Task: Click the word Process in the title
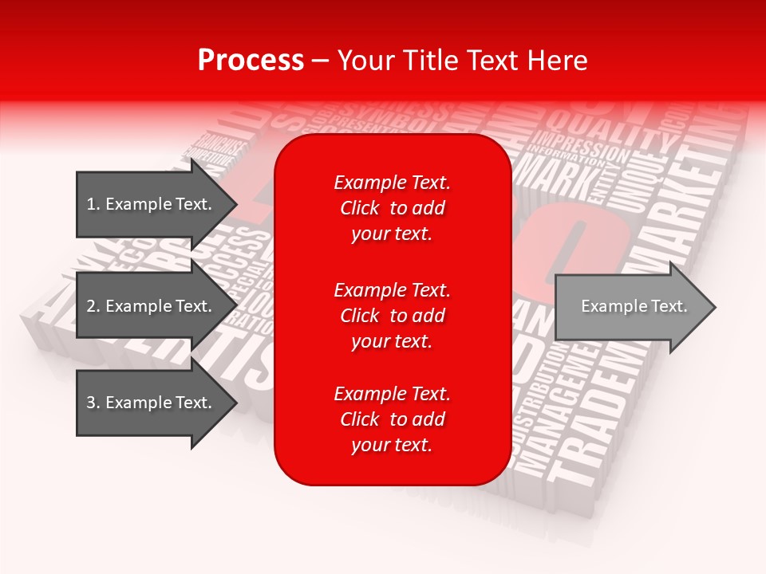tap(251, 61)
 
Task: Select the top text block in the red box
tap(392, 208)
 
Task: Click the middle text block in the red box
tap(392, 316)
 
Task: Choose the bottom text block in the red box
tap(392, 419)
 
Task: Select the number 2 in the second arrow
tap(90, 306)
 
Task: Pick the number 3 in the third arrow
tap(90, 403)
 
